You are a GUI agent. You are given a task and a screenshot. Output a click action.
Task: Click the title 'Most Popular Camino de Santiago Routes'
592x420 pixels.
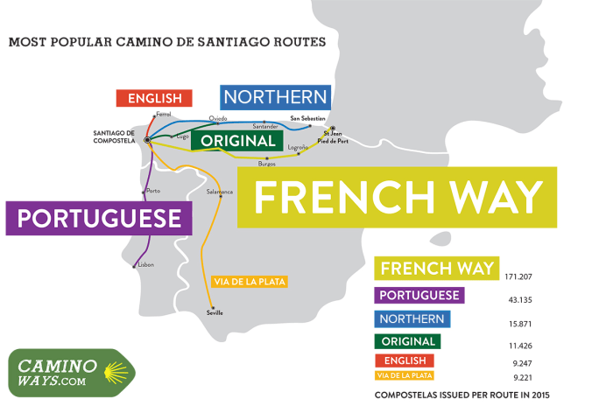(x=166, y=41)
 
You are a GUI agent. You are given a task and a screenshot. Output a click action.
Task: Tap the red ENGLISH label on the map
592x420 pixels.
(x=154, y=98)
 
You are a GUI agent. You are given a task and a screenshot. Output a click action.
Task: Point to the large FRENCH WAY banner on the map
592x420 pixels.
(x=398, y=198)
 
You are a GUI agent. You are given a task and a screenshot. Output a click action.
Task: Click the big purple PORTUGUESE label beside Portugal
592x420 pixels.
(x=99, y=218)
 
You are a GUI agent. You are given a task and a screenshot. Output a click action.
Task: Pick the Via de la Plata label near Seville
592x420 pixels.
(x=250, y=281)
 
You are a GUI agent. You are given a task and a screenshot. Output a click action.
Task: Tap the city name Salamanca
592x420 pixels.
(x=220, y=192)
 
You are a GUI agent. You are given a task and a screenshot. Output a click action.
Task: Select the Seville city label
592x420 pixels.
(x=215, y=312)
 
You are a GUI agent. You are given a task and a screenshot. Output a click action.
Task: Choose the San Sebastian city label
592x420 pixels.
(x=308, y=118)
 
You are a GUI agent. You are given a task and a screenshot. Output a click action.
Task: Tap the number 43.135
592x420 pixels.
(x=522, y=300)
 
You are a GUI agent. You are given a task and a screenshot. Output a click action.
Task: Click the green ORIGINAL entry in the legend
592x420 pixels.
(x=407, y=341)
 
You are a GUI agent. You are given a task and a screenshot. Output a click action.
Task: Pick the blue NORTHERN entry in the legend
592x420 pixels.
(x=413, y=319)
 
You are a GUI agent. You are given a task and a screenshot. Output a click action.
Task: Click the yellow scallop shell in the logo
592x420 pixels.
(x=112, y=374)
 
